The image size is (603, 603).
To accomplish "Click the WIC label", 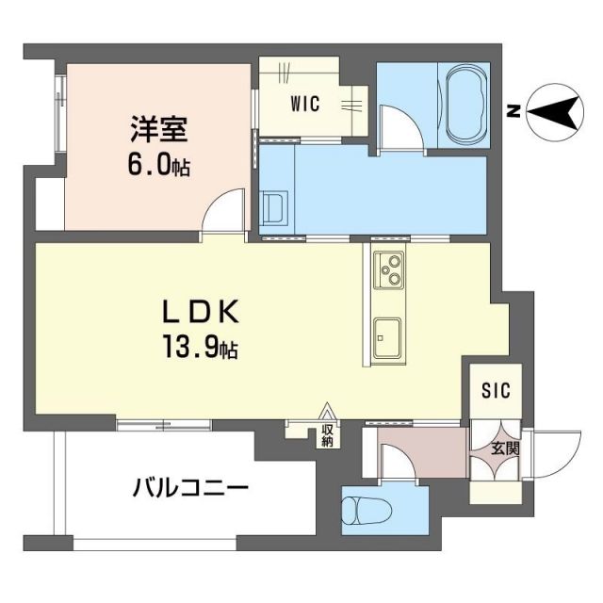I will (304, 105).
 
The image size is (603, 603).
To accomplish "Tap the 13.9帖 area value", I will (202, 350).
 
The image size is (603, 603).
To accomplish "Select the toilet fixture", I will (366, 511).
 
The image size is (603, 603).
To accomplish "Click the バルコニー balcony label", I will (189, 488).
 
